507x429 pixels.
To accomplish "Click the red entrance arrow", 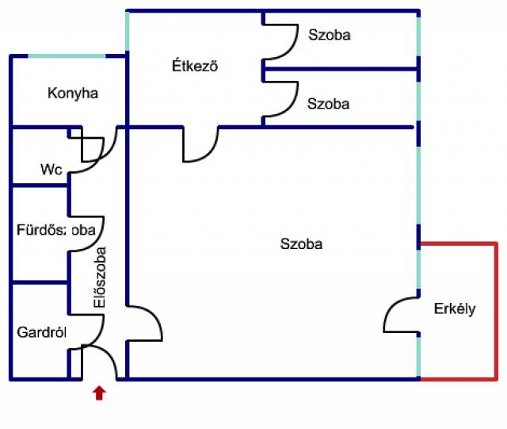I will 99,393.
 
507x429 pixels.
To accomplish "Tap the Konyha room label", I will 73,94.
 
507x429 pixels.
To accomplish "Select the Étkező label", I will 195,67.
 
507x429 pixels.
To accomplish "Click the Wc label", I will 51,170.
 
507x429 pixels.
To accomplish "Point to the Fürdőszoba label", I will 56,230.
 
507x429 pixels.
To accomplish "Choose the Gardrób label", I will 40,331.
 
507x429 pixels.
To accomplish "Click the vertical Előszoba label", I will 100,277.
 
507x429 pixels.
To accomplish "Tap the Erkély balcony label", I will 455,309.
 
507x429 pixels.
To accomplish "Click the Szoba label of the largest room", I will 302,244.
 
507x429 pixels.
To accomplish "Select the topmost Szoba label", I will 329,35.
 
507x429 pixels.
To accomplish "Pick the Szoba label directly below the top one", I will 329,103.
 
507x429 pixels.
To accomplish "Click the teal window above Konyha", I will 67,56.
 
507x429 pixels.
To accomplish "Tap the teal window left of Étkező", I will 127,32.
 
